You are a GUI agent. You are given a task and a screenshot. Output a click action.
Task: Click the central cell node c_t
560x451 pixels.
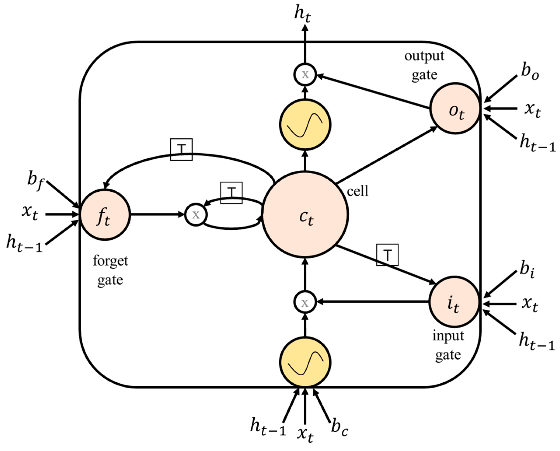[x=305, y=215]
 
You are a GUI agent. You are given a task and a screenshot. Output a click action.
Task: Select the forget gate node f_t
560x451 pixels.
[x=105, y=215]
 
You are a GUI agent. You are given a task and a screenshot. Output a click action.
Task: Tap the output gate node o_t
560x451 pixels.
[x=455, y=109]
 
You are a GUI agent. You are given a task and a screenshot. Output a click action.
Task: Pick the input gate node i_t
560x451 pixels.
[x=454, y=302]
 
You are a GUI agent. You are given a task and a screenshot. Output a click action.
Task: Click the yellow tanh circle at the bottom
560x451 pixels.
[x=305, y=362]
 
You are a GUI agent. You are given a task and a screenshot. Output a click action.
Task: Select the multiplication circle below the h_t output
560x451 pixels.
[x=305, y=75]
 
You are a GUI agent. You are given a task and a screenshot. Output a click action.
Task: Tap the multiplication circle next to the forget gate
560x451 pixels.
[x=196, y=215]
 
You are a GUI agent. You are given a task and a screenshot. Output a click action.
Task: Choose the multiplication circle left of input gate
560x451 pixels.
[x=305, y=302]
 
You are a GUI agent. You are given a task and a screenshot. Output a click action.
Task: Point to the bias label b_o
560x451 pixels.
[x=530, y=73]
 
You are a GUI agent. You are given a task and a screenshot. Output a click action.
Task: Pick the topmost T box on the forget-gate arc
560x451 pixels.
[x=181, y=149]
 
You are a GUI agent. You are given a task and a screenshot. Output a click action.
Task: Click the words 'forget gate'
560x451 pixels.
[x=110, y=270]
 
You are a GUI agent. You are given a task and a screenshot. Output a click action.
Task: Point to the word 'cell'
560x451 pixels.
[x=358, y=192]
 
